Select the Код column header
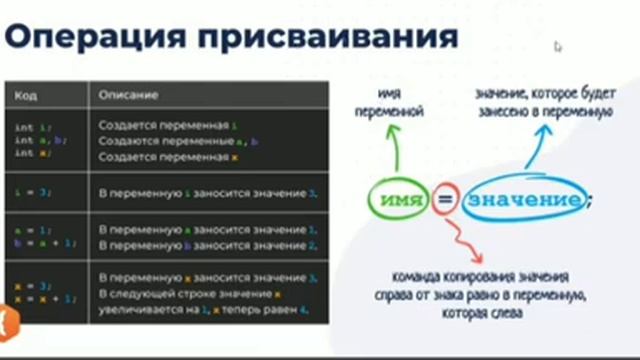click(x=25, y=95)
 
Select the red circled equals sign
click(x=446, y=201)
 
